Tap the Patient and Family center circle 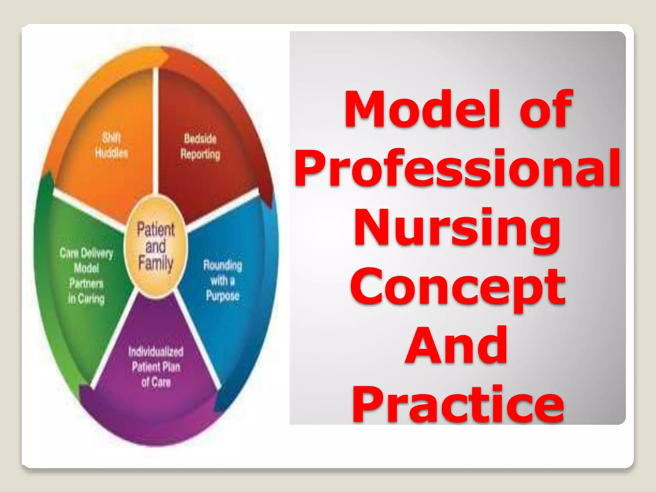coord(156,247)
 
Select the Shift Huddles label coord(111,146)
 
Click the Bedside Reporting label coord(200,147)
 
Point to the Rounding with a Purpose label coord(223,281)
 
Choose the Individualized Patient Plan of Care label coord(156,367)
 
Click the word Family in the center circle coord(156,263)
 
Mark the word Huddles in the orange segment coord(111,153)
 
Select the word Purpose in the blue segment coord(223,296)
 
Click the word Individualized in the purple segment coord(156,352)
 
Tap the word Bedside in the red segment coord(200,139)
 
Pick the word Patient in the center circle coord(156,229)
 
